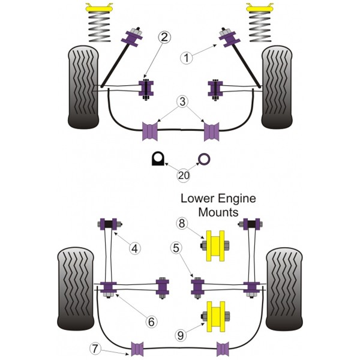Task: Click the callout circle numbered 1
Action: (187, 58)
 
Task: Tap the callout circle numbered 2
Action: (164, 37)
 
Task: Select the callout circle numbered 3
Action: (182, 102)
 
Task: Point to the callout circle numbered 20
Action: (184, 176)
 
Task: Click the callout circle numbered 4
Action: (134, 248)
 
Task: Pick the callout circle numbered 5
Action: (176, 248)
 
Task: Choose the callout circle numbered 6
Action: (151, 322)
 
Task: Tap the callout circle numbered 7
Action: (95, 349)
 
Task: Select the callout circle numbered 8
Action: (182, 223)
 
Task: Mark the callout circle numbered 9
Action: (181, 335)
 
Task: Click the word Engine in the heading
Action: (237, 199)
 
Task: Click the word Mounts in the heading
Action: (218, 212)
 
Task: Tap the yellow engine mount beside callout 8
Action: (215, 245)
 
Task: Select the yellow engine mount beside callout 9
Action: (215, 316)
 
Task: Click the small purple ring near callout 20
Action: (204, 159)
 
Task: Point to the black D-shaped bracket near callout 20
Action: (158, 158)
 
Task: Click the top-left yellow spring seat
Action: (99, 8)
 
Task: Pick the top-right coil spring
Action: (260, 27)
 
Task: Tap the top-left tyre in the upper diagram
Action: (83, 87)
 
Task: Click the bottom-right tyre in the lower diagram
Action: (284, 289)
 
